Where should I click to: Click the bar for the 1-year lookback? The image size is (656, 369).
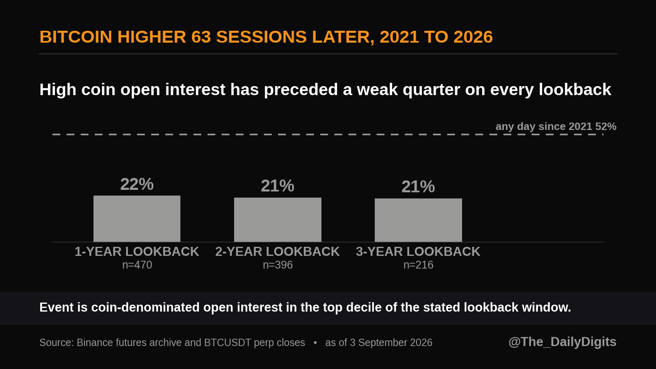[137, 219]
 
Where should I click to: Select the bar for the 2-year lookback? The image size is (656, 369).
[278, 220]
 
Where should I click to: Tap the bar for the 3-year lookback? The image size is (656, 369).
[418, 220]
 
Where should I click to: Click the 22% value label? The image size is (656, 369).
[137, 184]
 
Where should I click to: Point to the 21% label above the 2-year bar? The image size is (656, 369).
[278, 186]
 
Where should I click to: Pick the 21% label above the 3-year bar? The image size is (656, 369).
[418, 187]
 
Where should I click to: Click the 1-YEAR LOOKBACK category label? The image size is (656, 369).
[137, 252]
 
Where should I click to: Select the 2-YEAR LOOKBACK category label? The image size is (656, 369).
[278, 252]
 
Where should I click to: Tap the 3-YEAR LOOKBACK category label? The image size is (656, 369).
[418, 252]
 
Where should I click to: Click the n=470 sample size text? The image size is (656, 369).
[137, 265]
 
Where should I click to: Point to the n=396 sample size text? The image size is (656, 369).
[278, 265]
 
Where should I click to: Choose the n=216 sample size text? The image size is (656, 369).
[418, 265]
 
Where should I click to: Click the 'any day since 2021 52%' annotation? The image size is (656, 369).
[556, 127]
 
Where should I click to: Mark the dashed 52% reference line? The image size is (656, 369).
[328, 134]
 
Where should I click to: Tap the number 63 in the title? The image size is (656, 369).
[201, 37]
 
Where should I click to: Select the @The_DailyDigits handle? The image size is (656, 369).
[562, 342]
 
